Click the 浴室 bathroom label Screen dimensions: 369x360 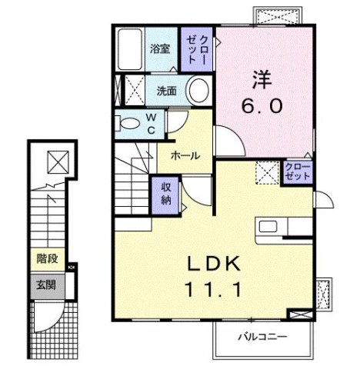click(x=159, y=48)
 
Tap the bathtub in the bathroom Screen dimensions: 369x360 click(x=131, y=48)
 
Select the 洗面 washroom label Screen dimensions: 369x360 click(x=166, y=90)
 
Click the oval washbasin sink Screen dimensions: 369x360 click(x=198, y=91)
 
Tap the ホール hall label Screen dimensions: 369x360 click(x=185, y=155)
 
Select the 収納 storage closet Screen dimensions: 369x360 click(x=166, y=192)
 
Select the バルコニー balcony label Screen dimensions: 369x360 click(x=262, y=337)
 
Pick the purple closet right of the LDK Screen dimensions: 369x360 click(x=298, y=171)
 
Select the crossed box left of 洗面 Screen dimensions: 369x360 click(x=132, y=90)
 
